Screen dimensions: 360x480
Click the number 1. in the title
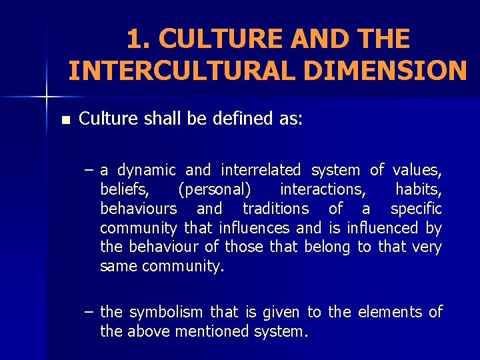click(x=139, y=39)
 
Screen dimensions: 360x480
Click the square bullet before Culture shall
click(x=65, y=121)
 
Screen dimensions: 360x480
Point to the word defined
click(x=247, y=119)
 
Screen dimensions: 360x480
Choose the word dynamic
click(x=147, y=171)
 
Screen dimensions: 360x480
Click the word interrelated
click(x=261, y=171)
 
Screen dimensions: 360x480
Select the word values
click(x=418, y=171)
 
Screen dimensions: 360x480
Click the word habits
click(x=419, y=190)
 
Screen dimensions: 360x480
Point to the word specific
click(x=416, y=209)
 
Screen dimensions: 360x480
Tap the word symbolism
click(x=167, y=312)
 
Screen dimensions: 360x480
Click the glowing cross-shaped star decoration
click(x=47, y=97)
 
